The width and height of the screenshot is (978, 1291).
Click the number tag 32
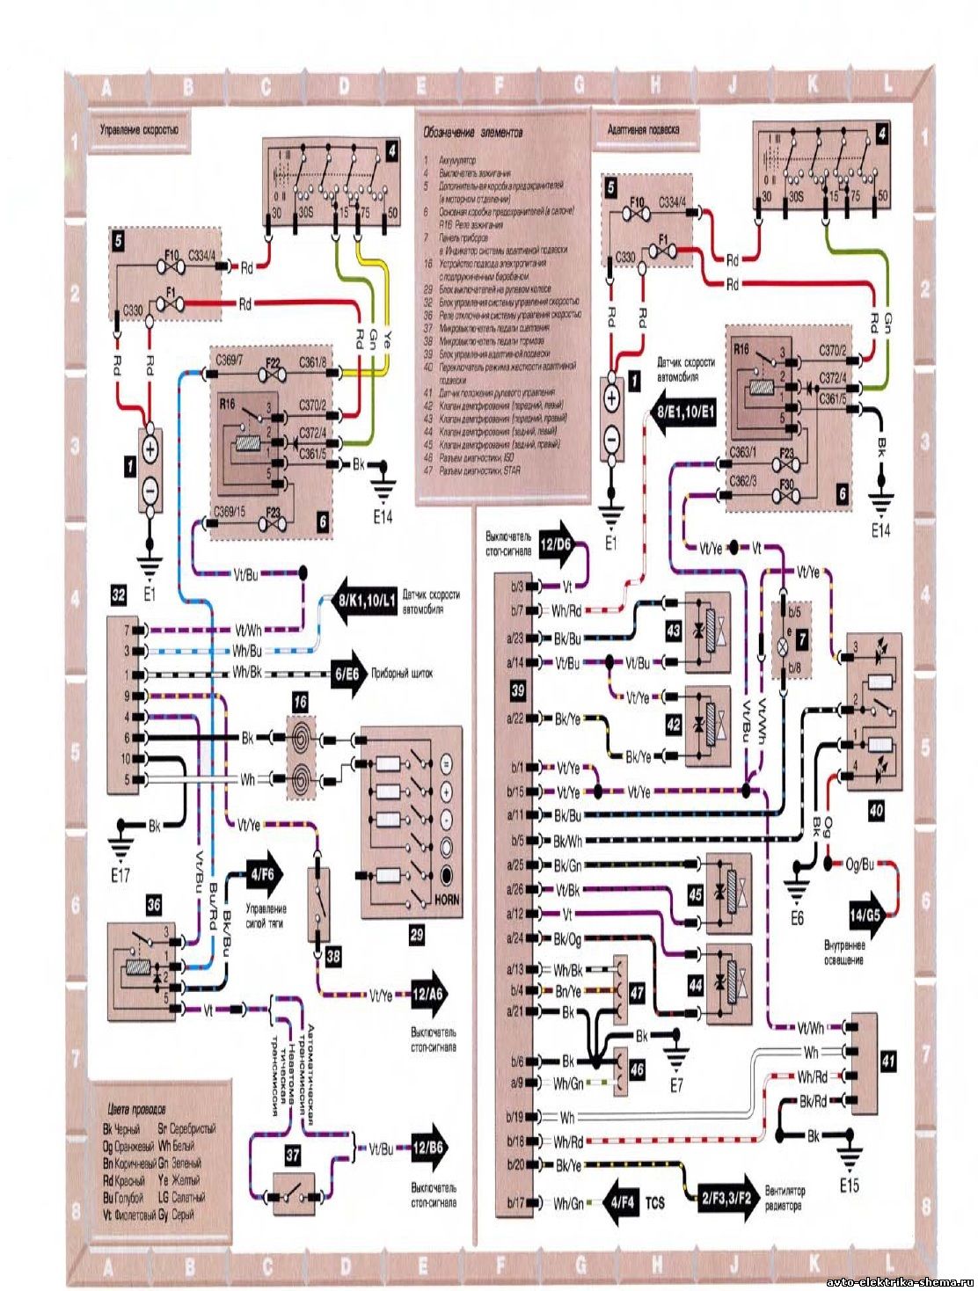pyautogui.click(x=117, y=595)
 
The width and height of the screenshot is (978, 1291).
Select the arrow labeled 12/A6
pyautogui.click(x=426, y=995)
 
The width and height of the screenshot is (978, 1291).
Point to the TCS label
pyautogui.click(x=656, y=1197)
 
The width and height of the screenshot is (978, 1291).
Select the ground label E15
pyautogui.click(x=849, y=1185)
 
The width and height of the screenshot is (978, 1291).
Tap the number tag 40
pyautogui.click(x=876, y=813)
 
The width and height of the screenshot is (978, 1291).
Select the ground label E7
pyautogui.click(x=675, y=1085)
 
